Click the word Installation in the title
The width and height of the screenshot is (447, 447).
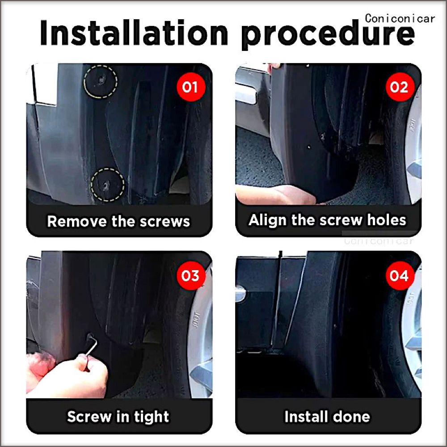click(x=134, y=33)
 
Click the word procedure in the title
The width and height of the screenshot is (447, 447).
click(x=328, y=35)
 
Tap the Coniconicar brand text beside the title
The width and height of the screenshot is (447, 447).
click(x=400, y=19)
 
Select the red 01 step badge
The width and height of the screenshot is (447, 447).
click(x=191, y=87)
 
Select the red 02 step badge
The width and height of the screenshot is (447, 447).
click(x=400, y=87)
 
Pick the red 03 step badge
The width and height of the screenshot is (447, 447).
click(x=191, y=275)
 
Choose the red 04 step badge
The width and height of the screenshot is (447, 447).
click(x=400, y=275)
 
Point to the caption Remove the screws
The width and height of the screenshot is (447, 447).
click(x=118, y=222)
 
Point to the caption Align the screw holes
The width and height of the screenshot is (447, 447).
click(x=327, y=220)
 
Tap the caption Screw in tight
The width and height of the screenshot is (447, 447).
click(x=118, y=417)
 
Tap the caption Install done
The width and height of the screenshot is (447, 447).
click(x=327, y=417)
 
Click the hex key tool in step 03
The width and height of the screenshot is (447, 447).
click(x=92, y=346)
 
